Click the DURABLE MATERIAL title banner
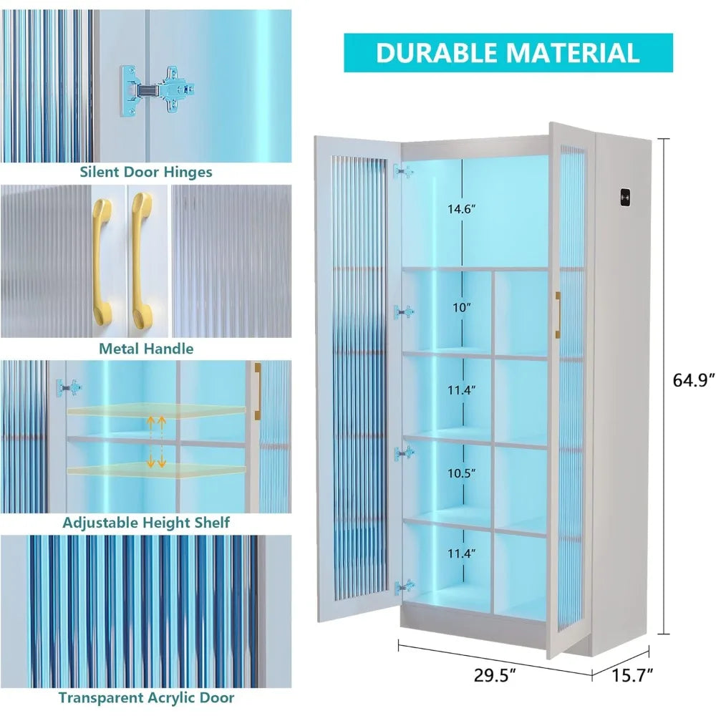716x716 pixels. point(508,52)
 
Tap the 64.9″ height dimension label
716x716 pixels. point(693,380)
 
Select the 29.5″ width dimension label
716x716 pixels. point(495,675)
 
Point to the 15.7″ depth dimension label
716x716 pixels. point(632,675)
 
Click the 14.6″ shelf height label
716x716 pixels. point(461,209)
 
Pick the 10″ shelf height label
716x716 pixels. point(461,307)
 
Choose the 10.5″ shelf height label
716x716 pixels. point(461,473)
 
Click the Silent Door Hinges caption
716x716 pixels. point(146,172)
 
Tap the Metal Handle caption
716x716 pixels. point(146,349)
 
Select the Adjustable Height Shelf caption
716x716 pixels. point(146,523)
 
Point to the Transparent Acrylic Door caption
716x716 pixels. point(146,697)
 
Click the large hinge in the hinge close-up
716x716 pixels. point(158,90)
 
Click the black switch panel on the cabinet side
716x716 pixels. point(625,198)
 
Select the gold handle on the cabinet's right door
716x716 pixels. point(558,315)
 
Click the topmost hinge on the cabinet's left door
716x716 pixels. point(404,172)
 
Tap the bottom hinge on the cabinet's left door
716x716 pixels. point(405,587)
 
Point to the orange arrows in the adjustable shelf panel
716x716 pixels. point(155,442)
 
